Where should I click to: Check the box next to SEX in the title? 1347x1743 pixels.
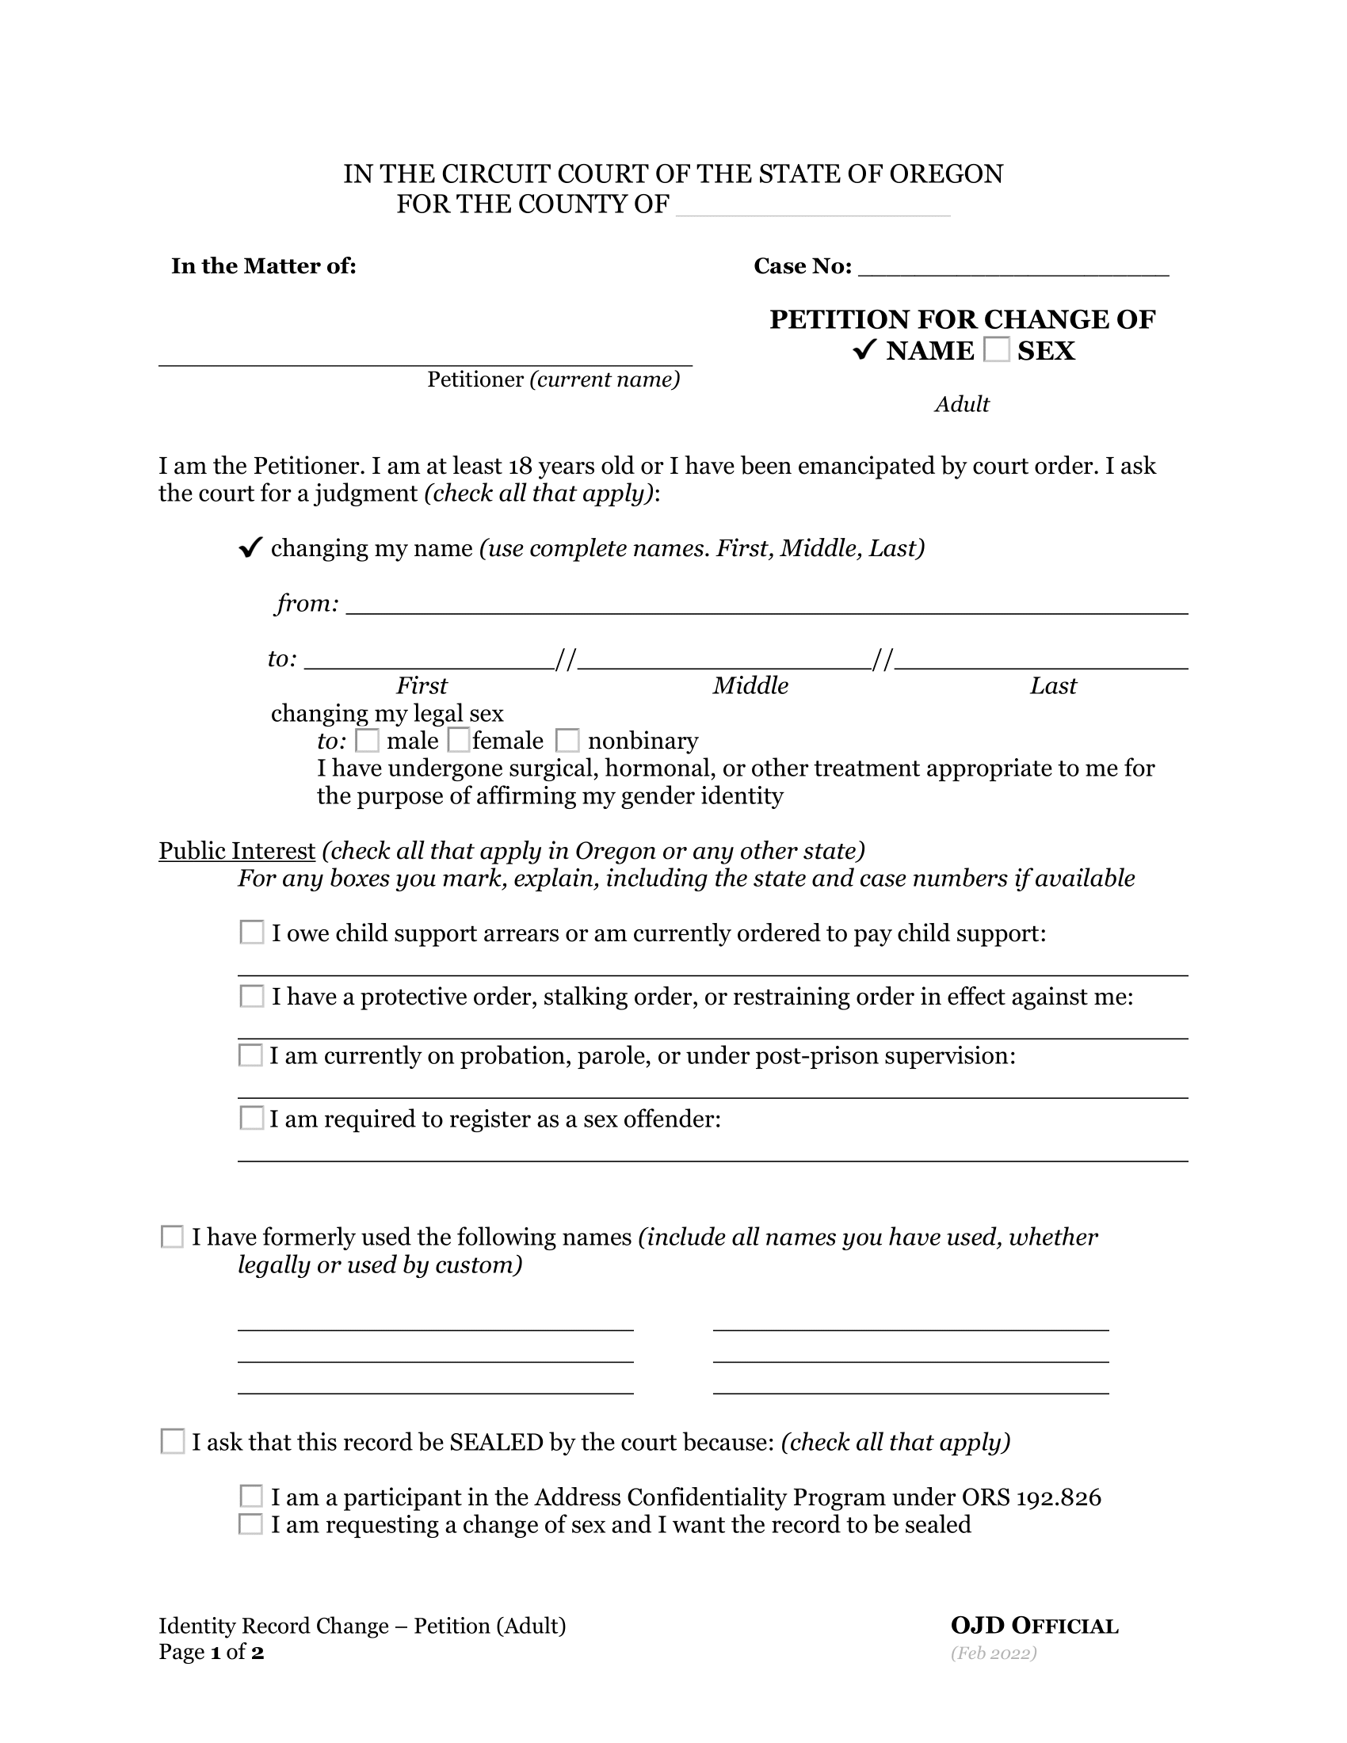pos(997,349)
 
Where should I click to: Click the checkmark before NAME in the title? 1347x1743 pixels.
pos(864,349)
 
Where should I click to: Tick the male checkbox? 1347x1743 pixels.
pos(367,741)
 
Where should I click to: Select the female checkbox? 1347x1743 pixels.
pos(459,741)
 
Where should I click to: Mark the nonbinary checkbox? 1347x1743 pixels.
pos(567,741)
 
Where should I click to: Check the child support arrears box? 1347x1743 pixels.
pos(251,933)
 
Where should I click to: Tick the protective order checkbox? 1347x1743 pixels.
pos(251,996)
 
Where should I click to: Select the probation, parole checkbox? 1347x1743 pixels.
pos(250,1055)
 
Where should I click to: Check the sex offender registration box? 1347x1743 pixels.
pos(251,1118)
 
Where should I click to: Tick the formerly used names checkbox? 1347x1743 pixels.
pos(173,1236)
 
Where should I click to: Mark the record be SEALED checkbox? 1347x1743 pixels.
pos(173,1441)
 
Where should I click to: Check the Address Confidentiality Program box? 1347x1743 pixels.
pos(250,1496)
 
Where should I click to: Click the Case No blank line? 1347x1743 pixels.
pos(1013,267)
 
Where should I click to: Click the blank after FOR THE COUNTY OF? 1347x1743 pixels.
pos(812,207)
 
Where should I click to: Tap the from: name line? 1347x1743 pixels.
pos(766,605)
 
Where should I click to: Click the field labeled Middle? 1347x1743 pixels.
pos(724,659)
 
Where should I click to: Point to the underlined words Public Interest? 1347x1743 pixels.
pos(237,851)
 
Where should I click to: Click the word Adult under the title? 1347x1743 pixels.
pos(963,405)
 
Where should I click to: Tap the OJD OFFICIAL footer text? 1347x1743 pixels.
pos(1034,1626)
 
